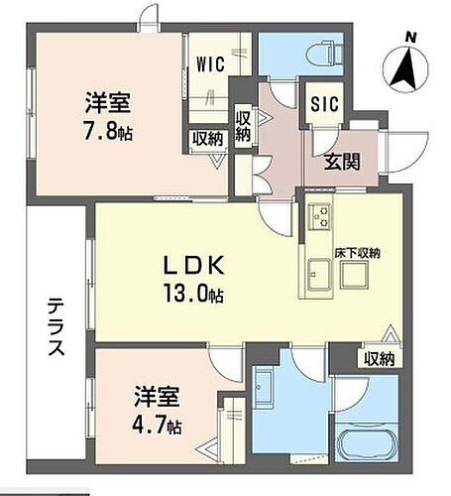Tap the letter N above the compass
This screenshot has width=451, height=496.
[x=407, y=38]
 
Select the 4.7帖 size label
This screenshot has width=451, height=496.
[x=159, y=427]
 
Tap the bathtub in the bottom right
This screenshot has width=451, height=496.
[x=368, y=437]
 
